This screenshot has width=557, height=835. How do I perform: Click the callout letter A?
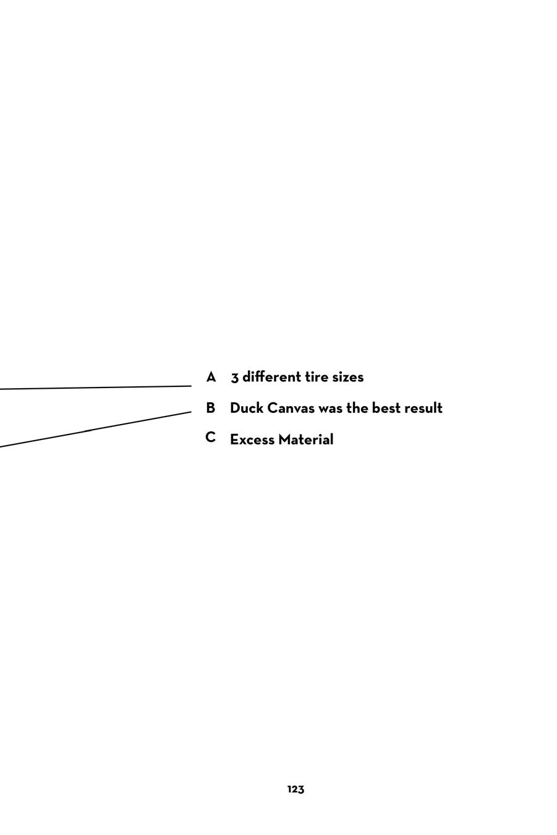pyautogui.click(x=211, y=377)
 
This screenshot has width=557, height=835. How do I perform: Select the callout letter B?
pyautogui.click(x=210, y=408)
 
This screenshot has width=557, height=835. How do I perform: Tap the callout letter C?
pyautogui.click(x=210, y=438)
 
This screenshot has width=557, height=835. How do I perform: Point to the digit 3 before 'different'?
pyautogui.click(x=235, y=378)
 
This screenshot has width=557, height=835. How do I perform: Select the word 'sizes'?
pyautogui.click(x=348, y=377)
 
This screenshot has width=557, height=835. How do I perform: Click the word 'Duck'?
pyautogui.click(x=246, y=408)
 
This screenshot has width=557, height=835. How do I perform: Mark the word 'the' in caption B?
pyautogui.click(x=357, y=408)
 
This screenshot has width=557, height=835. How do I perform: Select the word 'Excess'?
pyautogui.click(x=252, y=439)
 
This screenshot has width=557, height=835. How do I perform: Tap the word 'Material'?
pyautogui.click(x=305, y=439)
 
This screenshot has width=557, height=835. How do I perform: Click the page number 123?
pyautogui.click(x=296, y=789)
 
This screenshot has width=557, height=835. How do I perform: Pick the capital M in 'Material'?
pyautogui.click(x=284, y=439)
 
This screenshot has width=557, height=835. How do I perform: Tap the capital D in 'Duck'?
pyautogui.click(x=235, y=408)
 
